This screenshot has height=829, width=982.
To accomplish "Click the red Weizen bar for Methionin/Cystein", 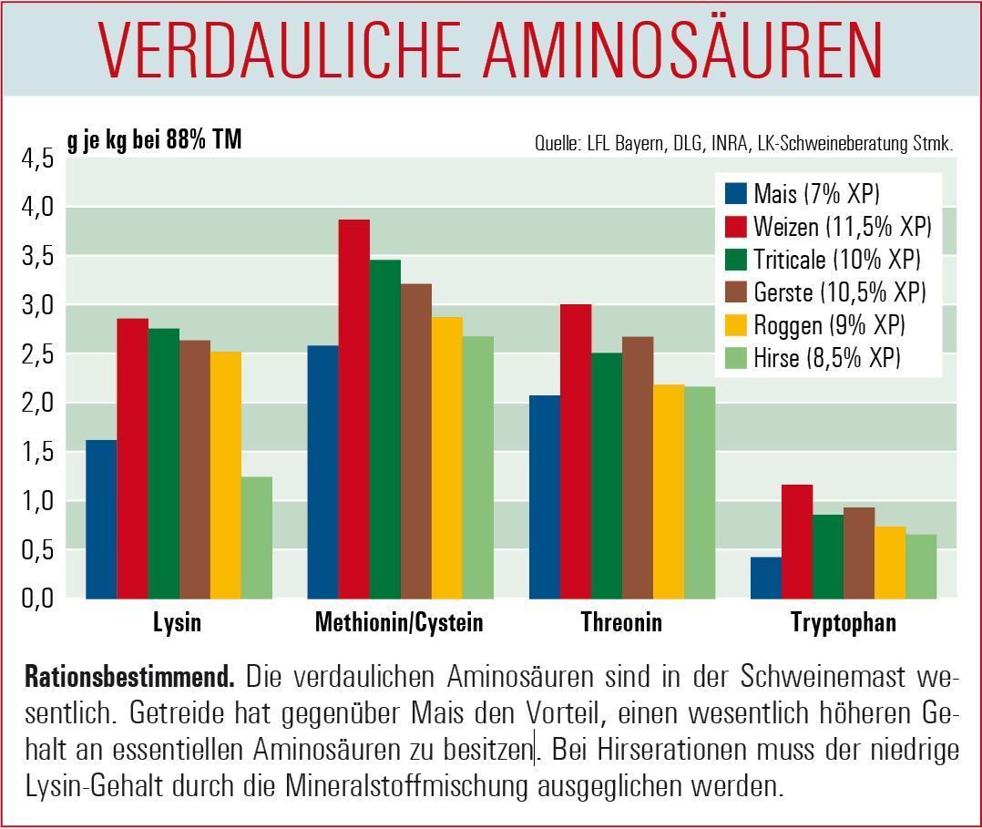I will point(354,409).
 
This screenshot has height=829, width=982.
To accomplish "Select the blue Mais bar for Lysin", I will point(101,519).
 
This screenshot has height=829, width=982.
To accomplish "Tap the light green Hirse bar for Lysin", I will point(257,537).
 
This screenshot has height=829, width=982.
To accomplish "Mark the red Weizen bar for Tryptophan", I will point(797,541).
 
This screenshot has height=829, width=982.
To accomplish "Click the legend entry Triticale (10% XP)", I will point(836,260).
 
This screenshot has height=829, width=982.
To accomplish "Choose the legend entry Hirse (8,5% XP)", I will point(826,358).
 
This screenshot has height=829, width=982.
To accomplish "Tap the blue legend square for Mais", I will point(736,194).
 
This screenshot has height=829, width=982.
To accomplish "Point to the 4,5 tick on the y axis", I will point(37,159).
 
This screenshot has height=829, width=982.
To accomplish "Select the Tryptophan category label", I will point(844,623).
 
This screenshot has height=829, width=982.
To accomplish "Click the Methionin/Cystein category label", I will point(399,623).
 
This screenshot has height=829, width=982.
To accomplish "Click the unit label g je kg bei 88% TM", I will point(154,142).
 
